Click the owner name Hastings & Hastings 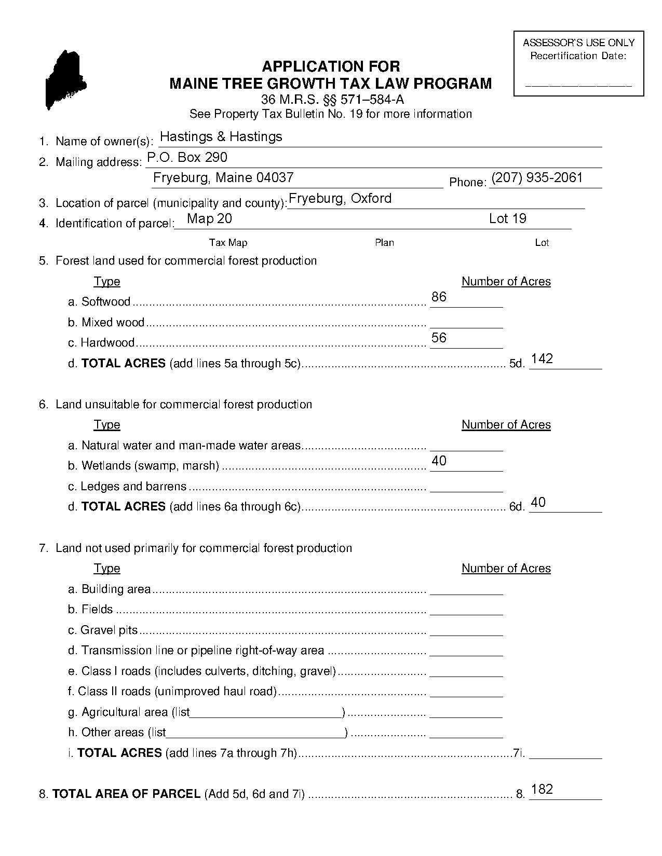click(x=221, y=136)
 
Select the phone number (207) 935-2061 click(x=537, y=177)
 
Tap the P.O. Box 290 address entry click(x=187, y=157)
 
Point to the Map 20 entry click(x=209, y=218)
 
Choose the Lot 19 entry click(x=507, y=218)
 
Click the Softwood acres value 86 click(x=439, y=297)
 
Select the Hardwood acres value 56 click(x=439, y=338)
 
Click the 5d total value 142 click(x=542, y=358)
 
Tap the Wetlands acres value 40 click(x=439, y=461)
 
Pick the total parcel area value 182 click(x=542, y=789)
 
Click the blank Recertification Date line click(x=578, y=84)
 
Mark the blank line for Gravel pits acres click(x=466, y=632)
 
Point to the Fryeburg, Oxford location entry click(x=340, y=198)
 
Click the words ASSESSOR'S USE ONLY click(x=578, y=43)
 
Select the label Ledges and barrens click(x=133, y=487)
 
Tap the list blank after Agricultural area click(x=266, y=714)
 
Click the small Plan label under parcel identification click(x=384, y=242)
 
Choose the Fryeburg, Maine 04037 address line click(x=223, y=177)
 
